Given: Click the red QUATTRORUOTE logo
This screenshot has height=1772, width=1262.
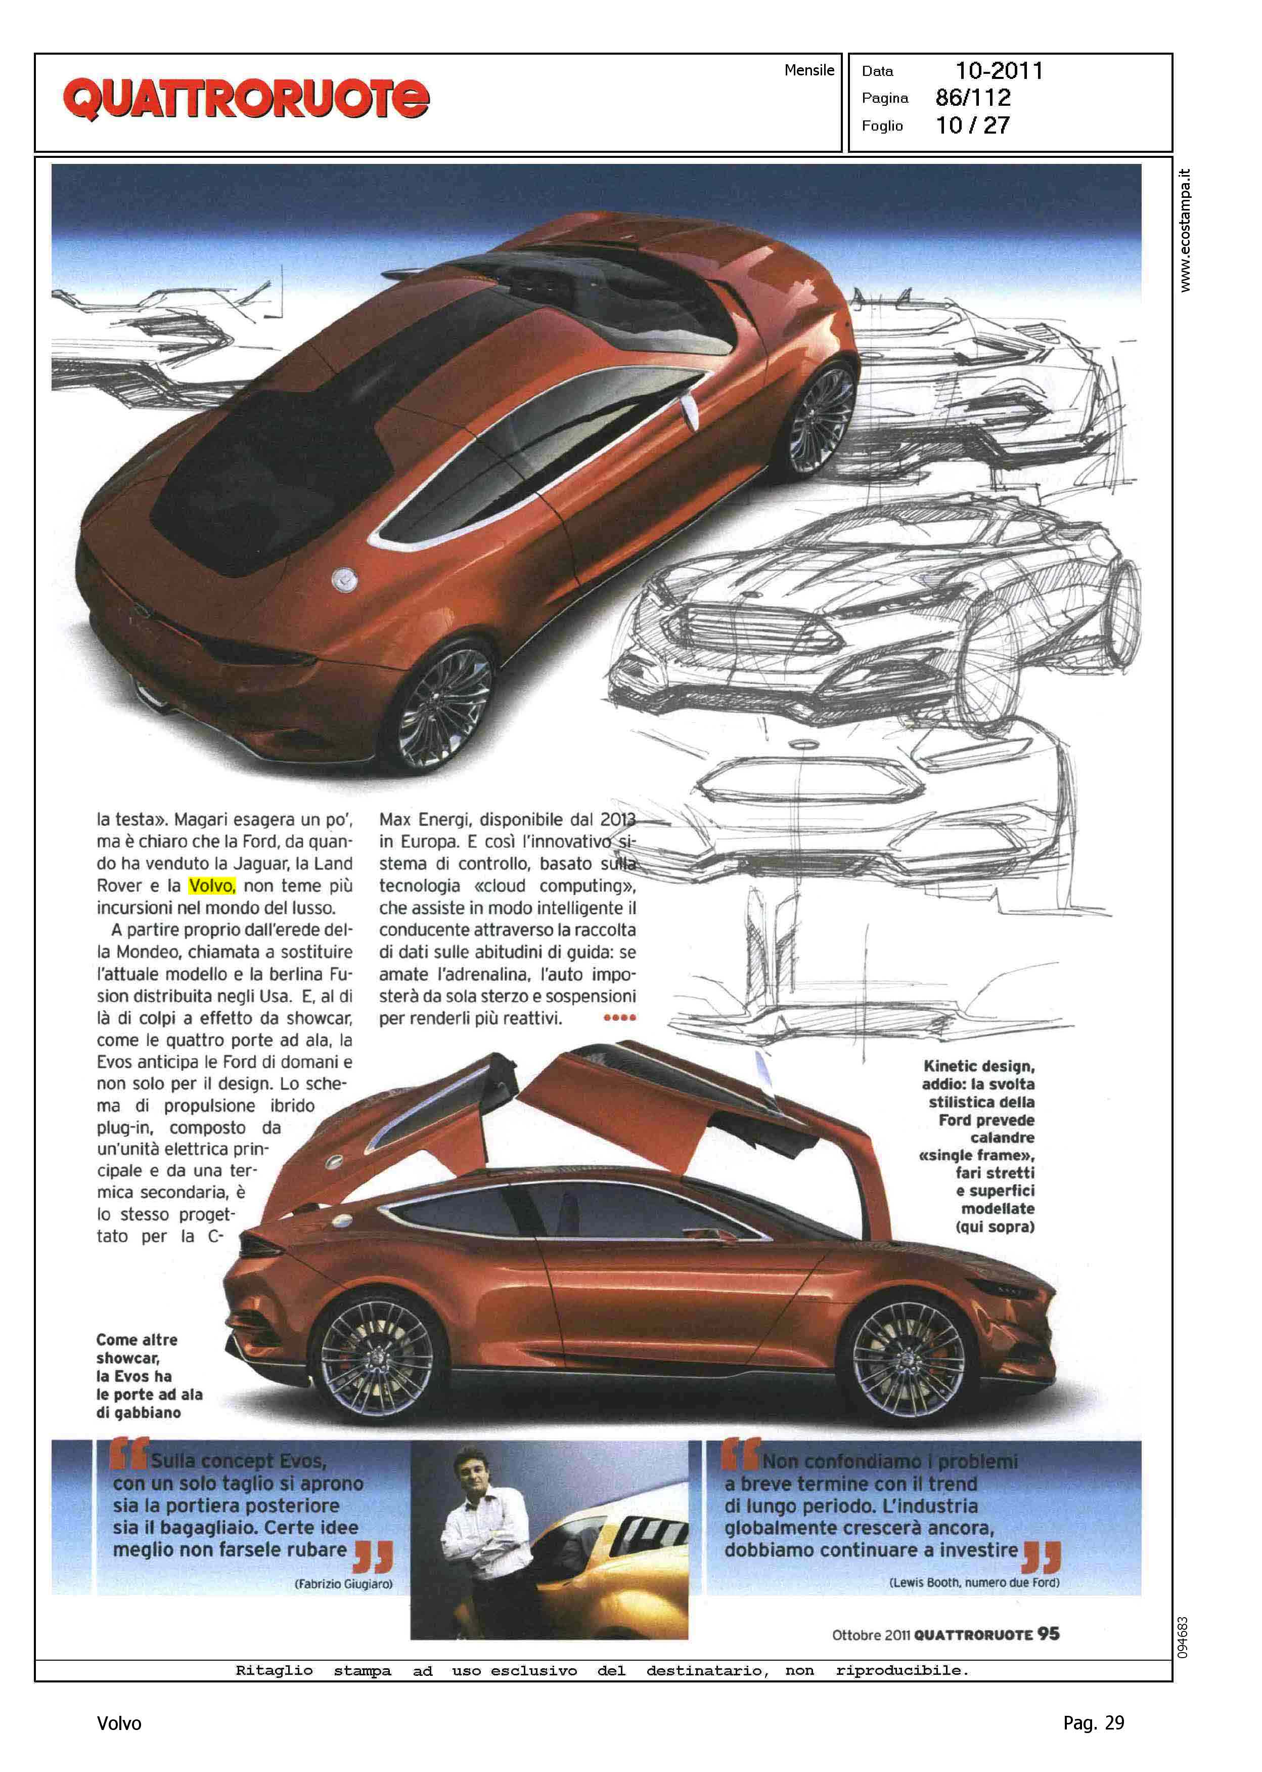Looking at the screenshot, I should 246,100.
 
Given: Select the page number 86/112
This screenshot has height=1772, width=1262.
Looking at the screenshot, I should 973,98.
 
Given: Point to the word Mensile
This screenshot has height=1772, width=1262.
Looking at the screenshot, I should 809,70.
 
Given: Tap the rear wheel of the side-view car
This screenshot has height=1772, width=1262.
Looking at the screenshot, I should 377,1359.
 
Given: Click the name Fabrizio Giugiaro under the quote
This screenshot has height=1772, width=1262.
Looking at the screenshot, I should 343,1584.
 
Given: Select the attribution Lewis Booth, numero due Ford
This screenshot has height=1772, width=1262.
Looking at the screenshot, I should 974,1582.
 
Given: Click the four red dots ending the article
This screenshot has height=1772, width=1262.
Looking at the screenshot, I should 619,1018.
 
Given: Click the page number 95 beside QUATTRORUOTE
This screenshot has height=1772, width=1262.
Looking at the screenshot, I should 1048,1633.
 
